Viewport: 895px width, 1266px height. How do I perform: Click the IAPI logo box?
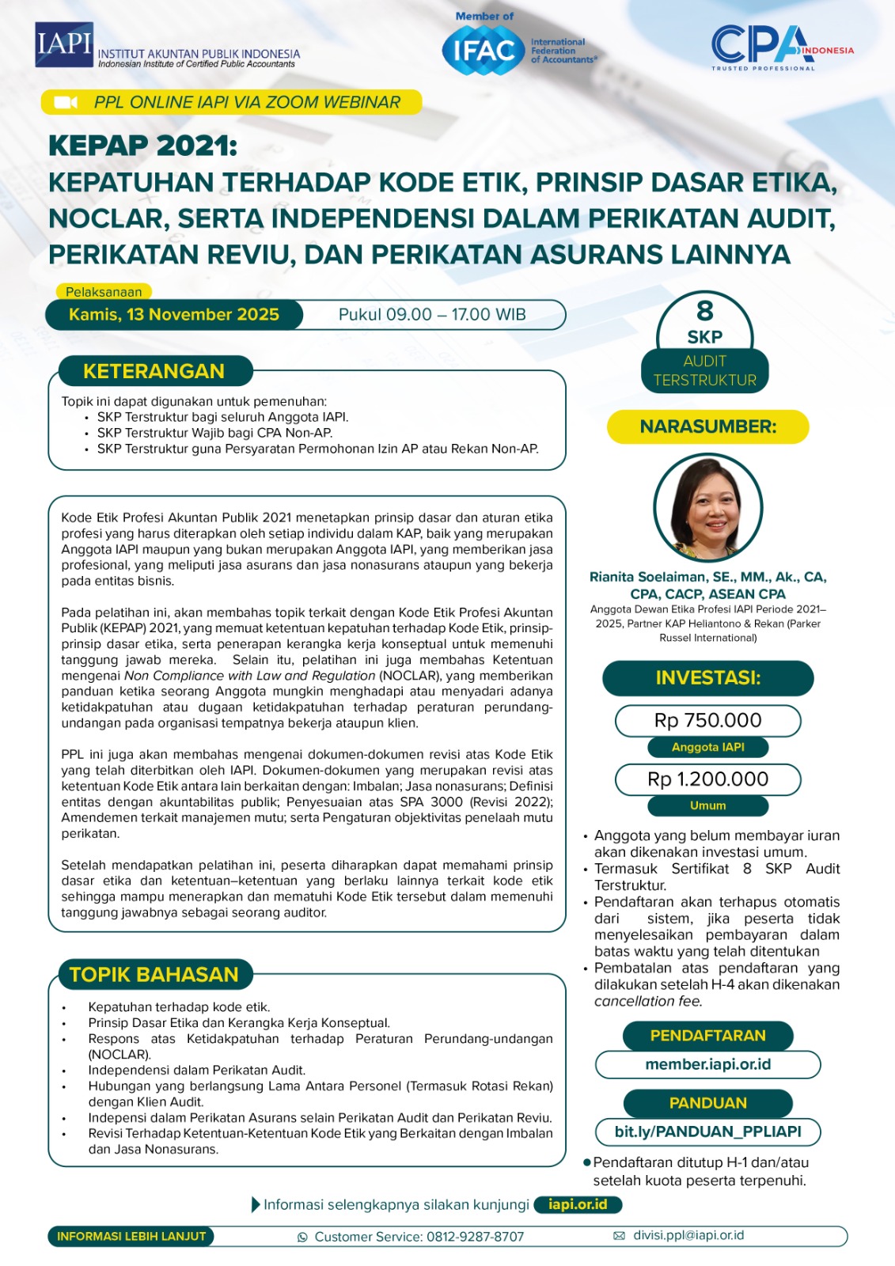(64, 44)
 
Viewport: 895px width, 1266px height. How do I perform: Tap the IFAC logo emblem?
(484, 51)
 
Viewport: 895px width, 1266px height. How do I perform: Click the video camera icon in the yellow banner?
(66, 102)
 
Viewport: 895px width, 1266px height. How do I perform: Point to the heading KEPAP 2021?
(142, 146)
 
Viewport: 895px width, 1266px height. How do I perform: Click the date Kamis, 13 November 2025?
(174, 315)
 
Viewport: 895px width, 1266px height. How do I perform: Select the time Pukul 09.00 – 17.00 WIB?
(432, 315)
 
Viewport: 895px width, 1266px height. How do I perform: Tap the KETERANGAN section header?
(154, 371)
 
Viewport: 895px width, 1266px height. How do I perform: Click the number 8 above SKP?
(705, 311)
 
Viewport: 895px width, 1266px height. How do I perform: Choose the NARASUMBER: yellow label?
(707, 426)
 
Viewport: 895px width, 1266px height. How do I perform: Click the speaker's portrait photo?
(707, 507)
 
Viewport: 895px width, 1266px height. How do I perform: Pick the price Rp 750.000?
(707, 721)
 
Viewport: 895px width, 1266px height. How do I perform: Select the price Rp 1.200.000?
(707, 779)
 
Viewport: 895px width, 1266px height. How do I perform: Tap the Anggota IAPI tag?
(707, 747)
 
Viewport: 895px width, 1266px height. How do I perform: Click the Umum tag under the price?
(707, 805)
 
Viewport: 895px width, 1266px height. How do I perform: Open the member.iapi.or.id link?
(707, 1064)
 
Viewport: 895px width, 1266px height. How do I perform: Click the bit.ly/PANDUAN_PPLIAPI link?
(707, 1131)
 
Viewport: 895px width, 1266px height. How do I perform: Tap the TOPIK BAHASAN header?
(154, 974)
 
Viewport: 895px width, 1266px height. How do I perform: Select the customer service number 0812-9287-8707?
(476, 1237)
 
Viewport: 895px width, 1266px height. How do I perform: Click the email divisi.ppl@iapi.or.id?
(688, 1235)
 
